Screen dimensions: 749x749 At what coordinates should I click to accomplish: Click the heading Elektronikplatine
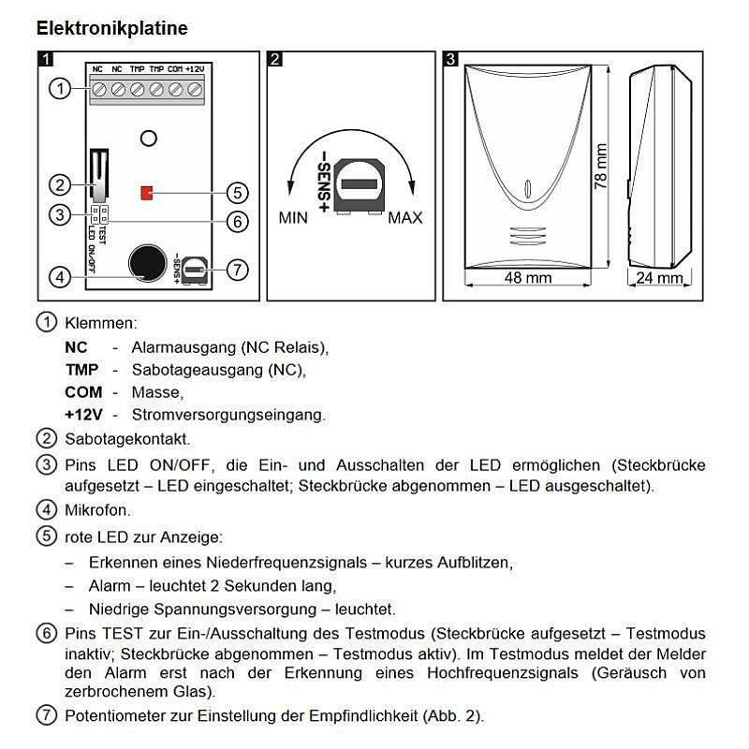click(x=111, y=28)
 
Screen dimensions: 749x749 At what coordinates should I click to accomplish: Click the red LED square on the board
click(x=146, y=193)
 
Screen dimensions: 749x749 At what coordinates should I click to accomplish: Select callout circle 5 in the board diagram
click(x=238, y=194)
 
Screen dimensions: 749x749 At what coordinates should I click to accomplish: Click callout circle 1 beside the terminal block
click(x=59, y=89)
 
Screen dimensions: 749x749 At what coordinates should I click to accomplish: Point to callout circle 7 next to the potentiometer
click(x=238, y=270)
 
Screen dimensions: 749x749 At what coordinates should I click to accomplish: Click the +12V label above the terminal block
click(x=195, y=69)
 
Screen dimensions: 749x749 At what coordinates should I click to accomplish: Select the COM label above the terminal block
click(x=175, y=69)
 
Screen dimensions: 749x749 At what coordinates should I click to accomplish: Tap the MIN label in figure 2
click(x=293, y=218)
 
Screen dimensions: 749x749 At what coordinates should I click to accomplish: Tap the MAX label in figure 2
click(x=405, y=218)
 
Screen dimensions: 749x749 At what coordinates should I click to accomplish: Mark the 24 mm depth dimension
click(x=658, y=278)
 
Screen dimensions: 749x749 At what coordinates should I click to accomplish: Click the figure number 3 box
click(x=451, y=60)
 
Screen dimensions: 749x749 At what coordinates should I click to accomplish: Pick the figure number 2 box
click(x=275, y=60)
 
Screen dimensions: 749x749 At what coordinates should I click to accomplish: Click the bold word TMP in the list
click(x=81, y=370)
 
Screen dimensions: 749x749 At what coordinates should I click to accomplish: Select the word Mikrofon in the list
click(x=97, y=510)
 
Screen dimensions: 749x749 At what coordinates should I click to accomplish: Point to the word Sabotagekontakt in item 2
click(x=126, y=438)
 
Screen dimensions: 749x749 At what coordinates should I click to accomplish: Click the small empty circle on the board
click(x=147, y=138)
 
